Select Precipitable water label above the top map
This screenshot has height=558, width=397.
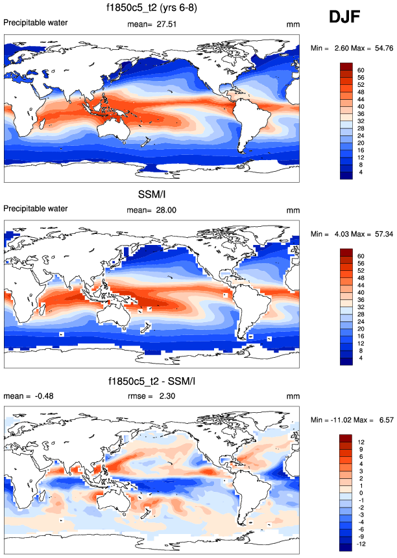point(36,23)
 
